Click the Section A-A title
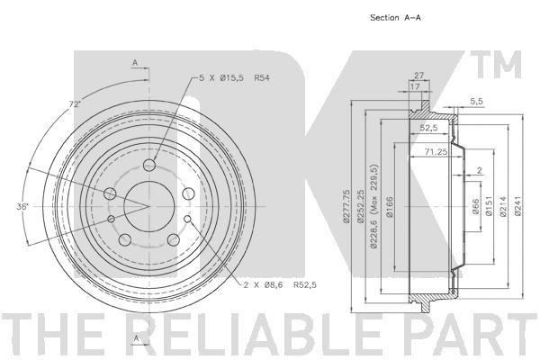(395, 18)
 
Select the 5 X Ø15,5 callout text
(221, 78)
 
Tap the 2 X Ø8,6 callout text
(263, 285)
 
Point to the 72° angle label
(75, 103)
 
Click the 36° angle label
(22, 206)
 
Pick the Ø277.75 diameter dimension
(346, 206)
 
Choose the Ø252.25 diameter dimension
(361, 206)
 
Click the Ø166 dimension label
(390, 207)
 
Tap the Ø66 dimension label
(475, 206)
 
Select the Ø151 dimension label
(490, 206)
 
